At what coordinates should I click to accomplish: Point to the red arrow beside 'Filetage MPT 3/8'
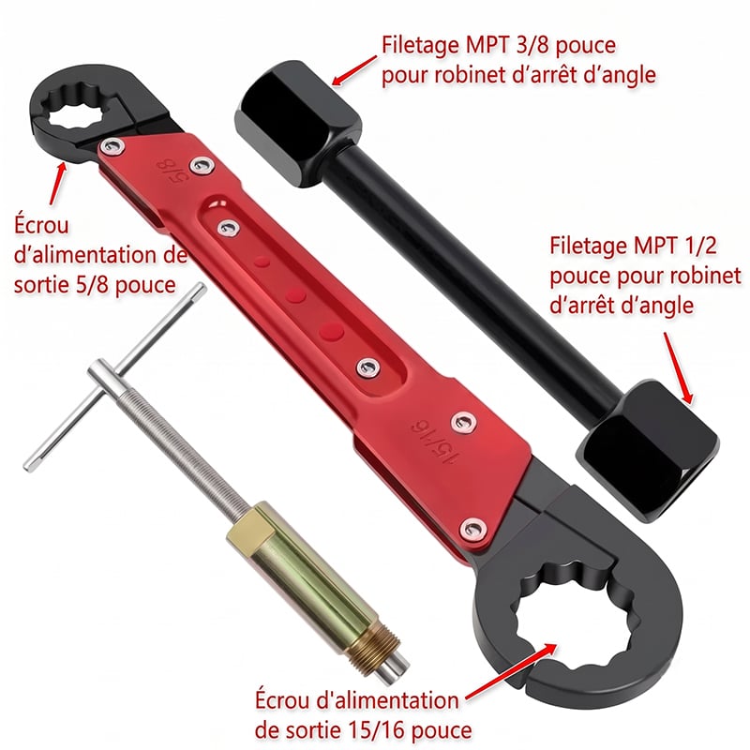coord(354,70)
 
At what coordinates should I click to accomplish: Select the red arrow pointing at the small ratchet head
coord(57,183)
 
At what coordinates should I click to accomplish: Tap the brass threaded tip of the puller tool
coord(373,648)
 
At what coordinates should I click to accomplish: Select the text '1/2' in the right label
coord(698,247)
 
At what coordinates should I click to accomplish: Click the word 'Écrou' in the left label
coord(41,224)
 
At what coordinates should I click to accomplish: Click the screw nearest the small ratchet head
coord(112,146)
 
